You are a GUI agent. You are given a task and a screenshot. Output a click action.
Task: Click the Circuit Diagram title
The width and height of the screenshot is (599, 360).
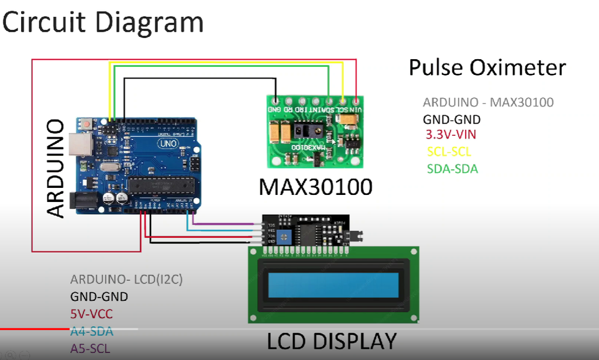coord(104,23)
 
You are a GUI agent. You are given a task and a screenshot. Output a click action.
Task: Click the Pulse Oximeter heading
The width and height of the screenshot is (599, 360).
coord(487,68)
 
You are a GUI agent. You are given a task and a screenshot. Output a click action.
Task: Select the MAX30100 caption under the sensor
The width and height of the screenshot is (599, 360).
coord(316,187)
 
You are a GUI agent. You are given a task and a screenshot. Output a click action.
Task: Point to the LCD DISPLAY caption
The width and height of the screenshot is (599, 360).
coord(332,341)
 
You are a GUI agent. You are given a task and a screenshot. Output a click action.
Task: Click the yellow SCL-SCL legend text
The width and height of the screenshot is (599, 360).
coord(449,152)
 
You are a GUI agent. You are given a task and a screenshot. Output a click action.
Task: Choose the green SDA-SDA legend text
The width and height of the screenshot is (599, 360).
coord(452,169)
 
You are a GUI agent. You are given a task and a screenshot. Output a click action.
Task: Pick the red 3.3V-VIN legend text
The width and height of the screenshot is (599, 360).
coord(451,135)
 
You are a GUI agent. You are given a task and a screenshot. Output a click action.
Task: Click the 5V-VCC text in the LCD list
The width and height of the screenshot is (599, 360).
coord(91,314)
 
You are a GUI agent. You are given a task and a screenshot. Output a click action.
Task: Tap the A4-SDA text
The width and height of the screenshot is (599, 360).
coord(91,332)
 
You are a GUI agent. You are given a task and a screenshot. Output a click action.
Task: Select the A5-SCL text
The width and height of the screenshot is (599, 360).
coord(90,349)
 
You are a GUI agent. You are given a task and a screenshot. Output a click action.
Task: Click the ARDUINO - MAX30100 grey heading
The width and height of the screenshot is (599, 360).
coord(488,102)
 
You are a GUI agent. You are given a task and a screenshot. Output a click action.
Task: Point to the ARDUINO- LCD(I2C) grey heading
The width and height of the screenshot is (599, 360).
coord(126,279)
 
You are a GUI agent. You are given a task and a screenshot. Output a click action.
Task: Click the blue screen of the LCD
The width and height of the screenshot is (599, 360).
coord(333,285)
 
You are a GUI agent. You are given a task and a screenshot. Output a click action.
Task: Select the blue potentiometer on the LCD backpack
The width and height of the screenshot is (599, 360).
coord(287,236)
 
